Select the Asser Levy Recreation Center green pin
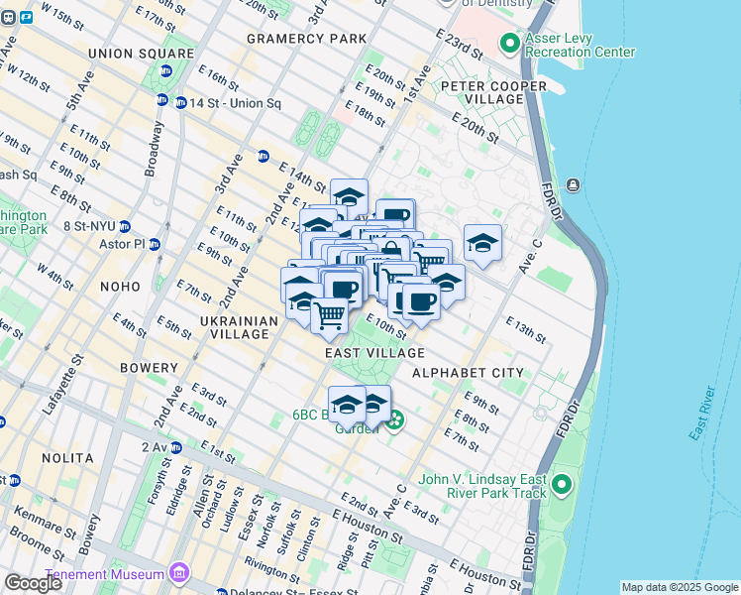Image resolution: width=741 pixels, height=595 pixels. click(509, 43)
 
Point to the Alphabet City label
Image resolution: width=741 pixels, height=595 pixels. click(468, 372)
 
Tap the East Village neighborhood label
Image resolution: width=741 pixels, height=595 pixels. click(374, 352)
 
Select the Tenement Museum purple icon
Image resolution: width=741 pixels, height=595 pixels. click(178, 572)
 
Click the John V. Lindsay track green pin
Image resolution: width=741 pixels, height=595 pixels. click(562, 486)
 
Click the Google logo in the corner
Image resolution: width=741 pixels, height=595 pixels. click(33, 583)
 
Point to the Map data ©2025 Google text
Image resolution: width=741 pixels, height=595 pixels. click(679, 587)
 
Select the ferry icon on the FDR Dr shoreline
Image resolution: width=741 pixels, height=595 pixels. click(573, 185)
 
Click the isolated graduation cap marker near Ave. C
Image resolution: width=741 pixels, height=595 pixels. click(482, 242)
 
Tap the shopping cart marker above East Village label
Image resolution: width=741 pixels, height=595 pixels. click(330, 315)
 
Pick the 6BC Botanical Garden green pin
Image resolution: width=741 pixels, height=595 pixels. click(395, 420)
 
